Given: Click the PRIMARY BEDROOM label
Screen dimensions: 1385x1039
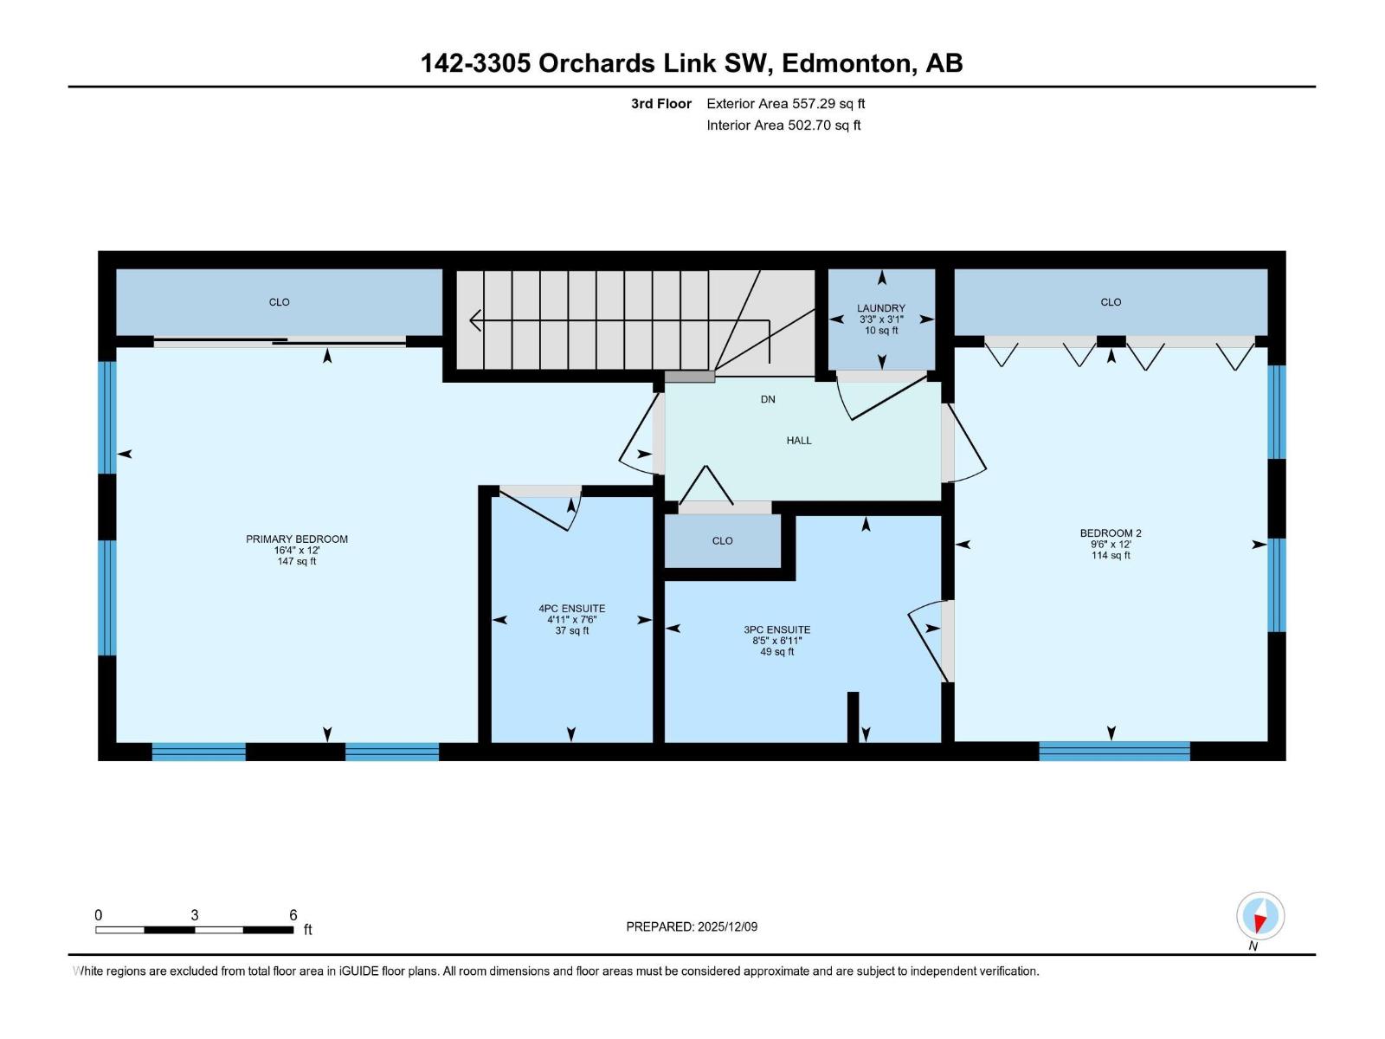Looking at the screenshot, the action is pos(297,539).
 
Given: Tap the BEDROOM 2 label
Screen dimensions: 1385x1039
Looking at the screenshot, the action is pos(1111,533).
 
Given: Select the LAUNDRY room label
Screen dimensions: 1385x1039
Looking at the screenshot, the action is pos(881,308).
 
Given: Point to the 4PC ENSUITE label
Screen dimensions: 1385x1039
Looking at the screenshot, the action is pos(571,608).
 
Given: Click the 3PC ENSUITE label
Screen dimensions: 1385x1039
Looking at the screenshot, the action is pos(776,629).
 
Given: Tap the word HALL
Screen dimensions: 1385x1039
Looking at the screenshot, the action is pos(799,441).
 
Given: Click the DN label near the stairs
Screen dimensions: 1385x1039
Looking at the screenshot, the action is pos(768,399).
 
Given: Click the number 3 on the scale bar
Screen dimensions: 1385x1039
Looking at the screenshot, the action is pos(195,914).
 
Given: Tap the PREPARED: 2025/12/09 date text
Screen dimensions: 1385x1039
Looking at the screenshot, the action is pos(692,926).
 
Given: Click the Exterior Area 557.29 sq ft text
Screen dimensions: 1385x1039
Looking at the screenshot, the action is pos(786,103).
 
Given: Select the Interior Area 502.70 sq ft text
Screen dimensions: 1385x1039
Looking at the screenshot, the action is pos(783,125).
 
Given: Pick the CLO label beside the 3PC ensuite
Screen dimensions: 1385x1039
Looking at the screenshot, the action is pos(723,540).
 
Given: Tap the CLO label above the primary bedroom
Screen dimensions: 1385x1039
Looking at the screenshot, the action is pos(279,302).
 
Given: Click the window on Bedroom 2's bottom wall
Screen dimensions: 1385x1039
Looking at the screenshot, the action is pos(1114,751).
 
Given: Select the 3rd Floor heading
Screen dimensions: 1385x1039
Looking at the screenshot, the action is pos(661,103).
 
